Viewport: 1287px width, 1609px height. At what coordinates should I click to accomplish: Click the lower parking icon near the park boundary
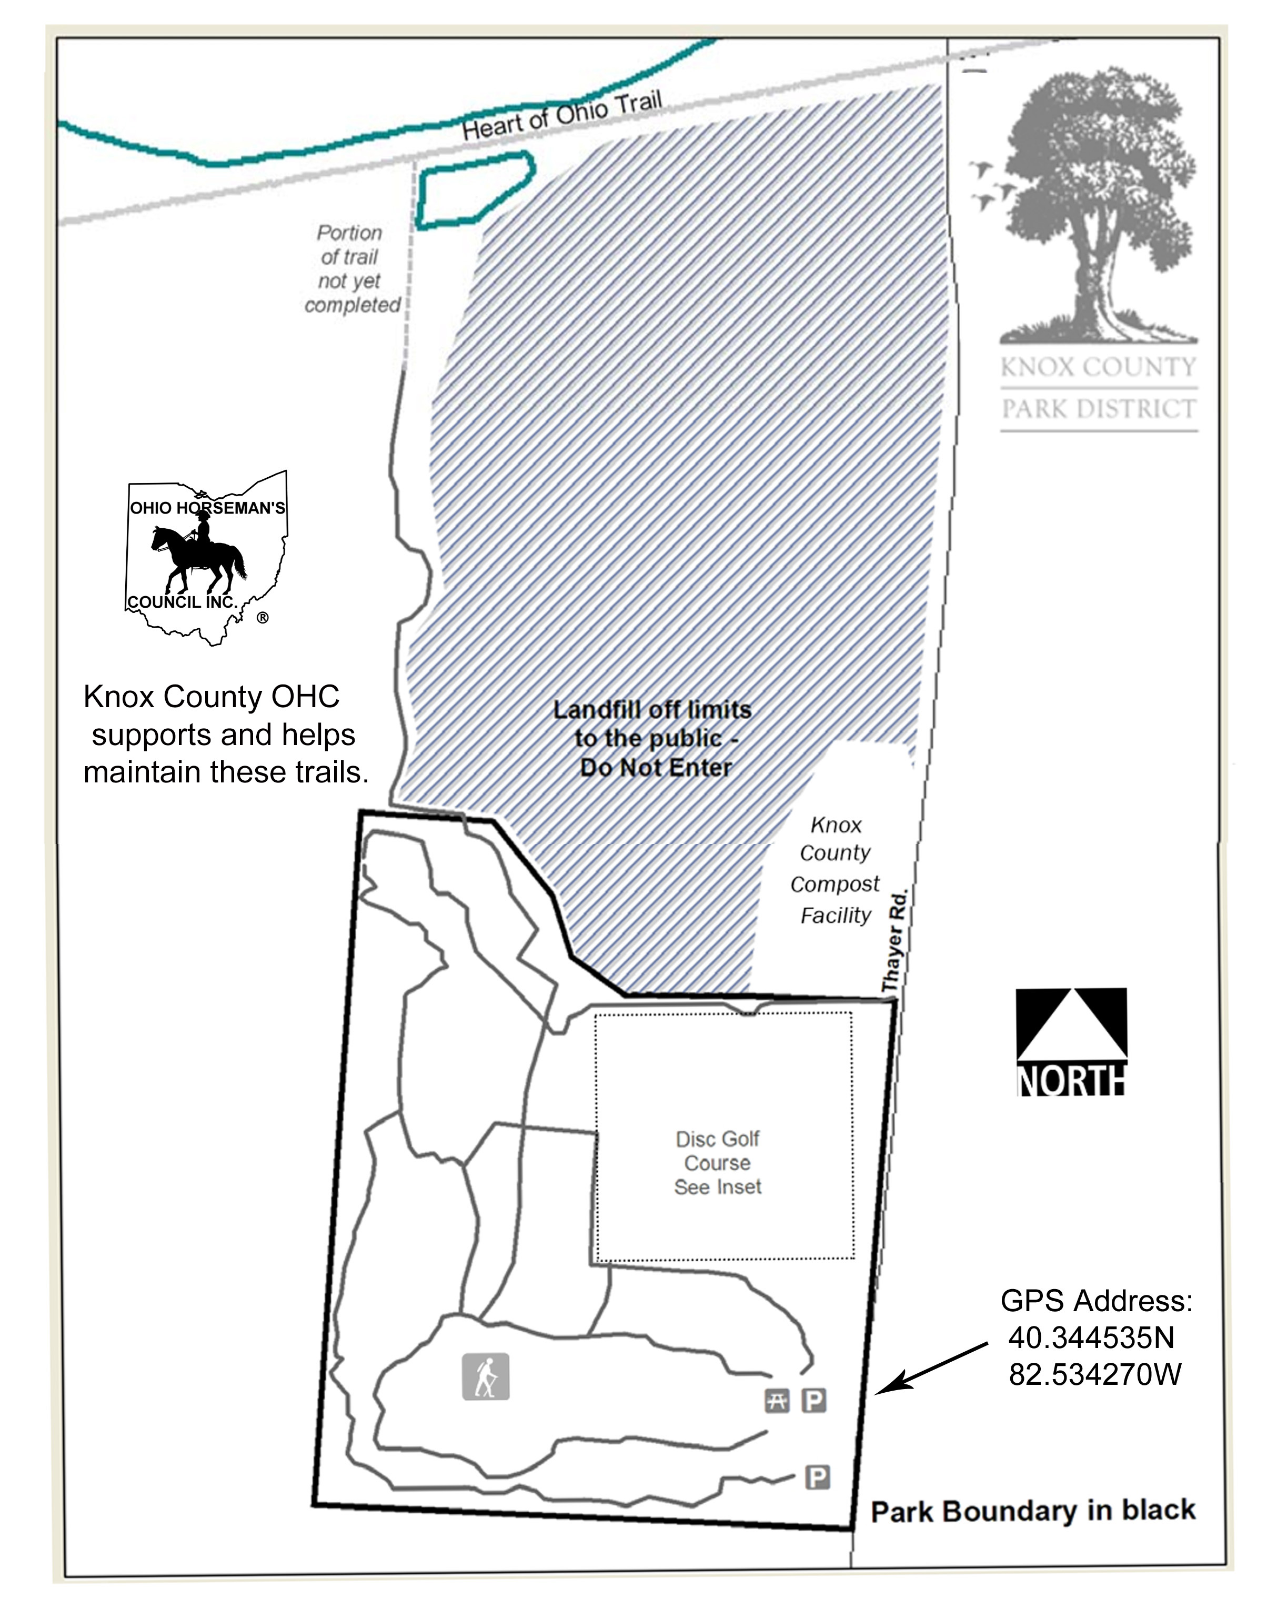point(818,1477)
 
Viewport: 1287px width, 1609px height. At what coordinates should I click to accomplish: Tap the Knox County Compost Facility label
point(836,870)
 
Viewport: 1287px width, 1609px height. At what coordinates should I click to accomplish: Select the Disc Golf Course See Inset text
point(718,1163)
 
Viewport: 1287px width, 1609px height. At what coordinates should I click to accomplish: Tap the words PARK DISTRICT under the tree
point(1098,409)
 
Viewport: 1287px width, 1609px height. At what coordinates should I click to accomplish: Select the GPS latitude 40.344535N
point(1091,1338)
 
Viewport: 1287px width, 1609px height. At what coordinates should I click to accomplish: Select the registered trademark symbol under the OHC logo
point(263,618)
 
